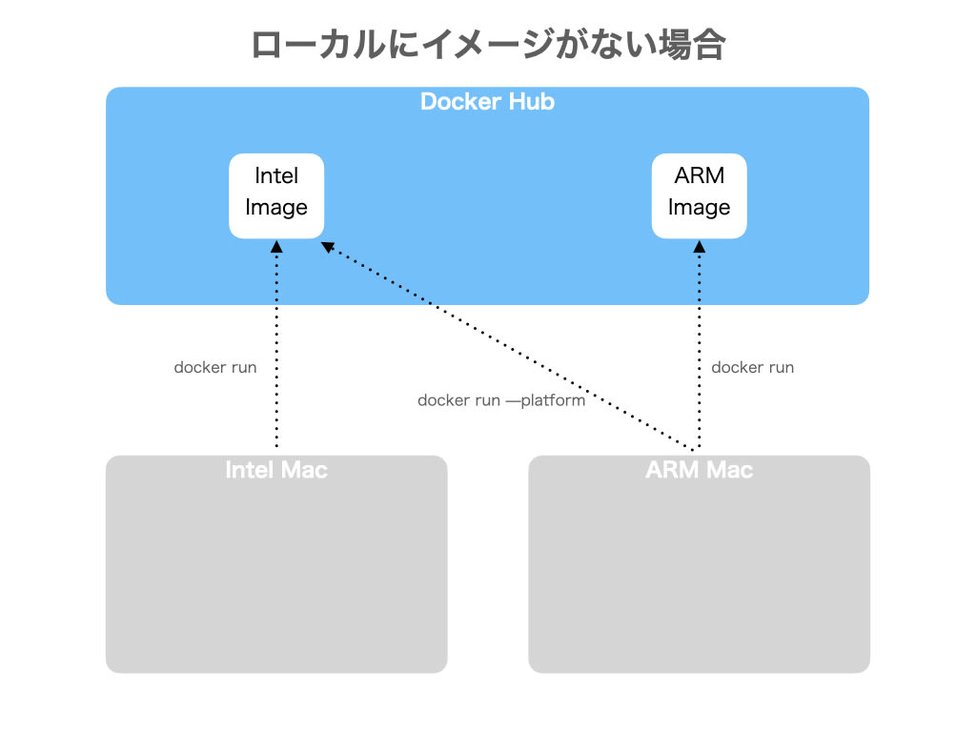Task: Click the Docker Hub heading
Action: point(487,102)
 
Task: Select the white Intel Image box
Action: point(276,195)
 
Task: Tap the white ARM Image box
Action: point(699,195)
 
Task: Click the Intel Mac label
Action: point(276,470)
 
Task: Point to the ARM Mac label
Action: point(699,470)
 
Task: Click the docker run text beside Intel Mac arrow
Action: point(214,367)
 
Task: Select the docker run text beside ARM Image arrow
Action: point(752,367)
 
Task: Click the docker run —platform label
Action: point(501,400)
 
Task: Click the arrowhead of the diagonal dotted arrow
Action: point(327,247)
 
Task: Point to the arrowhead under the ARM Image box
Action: point(699,246)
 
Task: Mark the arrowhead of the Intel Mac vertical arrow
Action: point(276,246)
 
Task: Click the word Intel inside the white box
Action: point(276,176)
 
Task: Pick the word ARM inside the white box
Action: point(699,176)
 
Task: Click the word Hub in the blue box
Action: point(532,102)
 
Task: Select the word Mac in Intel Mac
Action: point(305,470)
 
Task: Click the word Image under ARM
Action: point(699,208)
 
